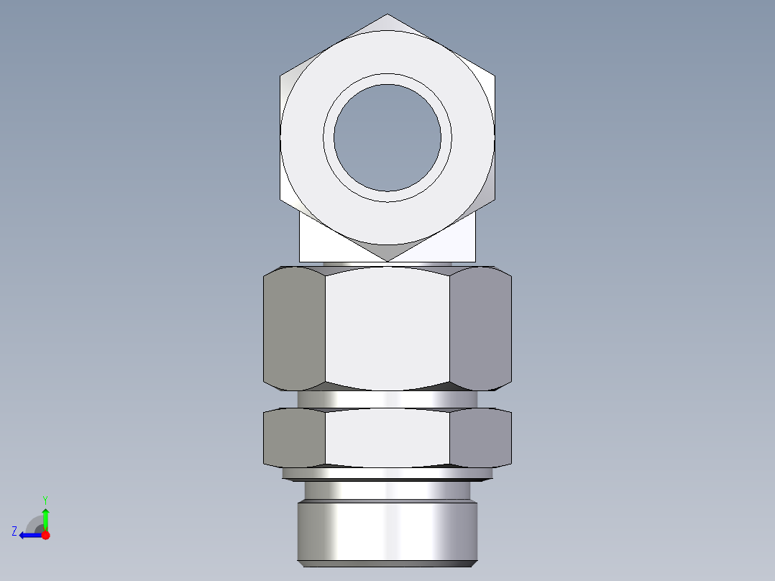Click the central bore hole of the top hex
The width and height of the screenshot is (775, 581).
click(387, 138)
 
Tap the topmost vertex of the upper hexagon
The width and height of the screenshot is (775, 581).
click(387, 14)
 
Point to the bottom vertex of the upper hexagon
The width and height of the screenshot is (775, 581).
click(387, 260)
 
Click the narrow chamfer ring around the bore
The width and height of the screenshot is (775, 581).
click(387, 78)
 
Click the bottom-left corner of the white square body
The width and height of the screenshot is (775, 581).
click(301, 260)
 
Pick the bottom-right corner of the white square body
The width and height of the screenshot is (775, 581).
click(474, 260)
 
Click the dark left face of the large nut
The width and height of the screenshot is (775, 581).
click(294, 328)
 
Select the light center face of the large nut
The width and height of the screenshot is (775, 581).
click(387, 328)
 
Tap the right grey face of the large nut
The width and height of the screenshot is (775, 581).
click(480, 328)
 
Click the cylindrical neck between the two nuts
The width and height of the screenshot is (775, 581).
click(387, 400)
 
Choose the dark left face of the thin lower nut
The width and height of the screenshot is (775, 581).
click(294, 437)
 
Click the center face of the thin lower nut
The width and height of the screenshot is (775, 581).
click(387, 437)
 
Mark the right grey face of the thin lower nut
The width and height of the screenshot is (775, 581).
click(480, 437)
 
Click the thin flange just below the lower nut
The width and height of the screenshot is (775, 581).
click(387, 473)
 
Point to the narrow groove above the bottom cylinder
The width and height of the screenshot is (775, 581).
click(387, 490)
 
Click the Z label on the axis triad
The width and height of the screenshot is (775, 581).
click(14, 531)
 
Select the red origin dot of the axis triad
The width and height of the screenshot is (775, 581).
click(45, 535)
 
